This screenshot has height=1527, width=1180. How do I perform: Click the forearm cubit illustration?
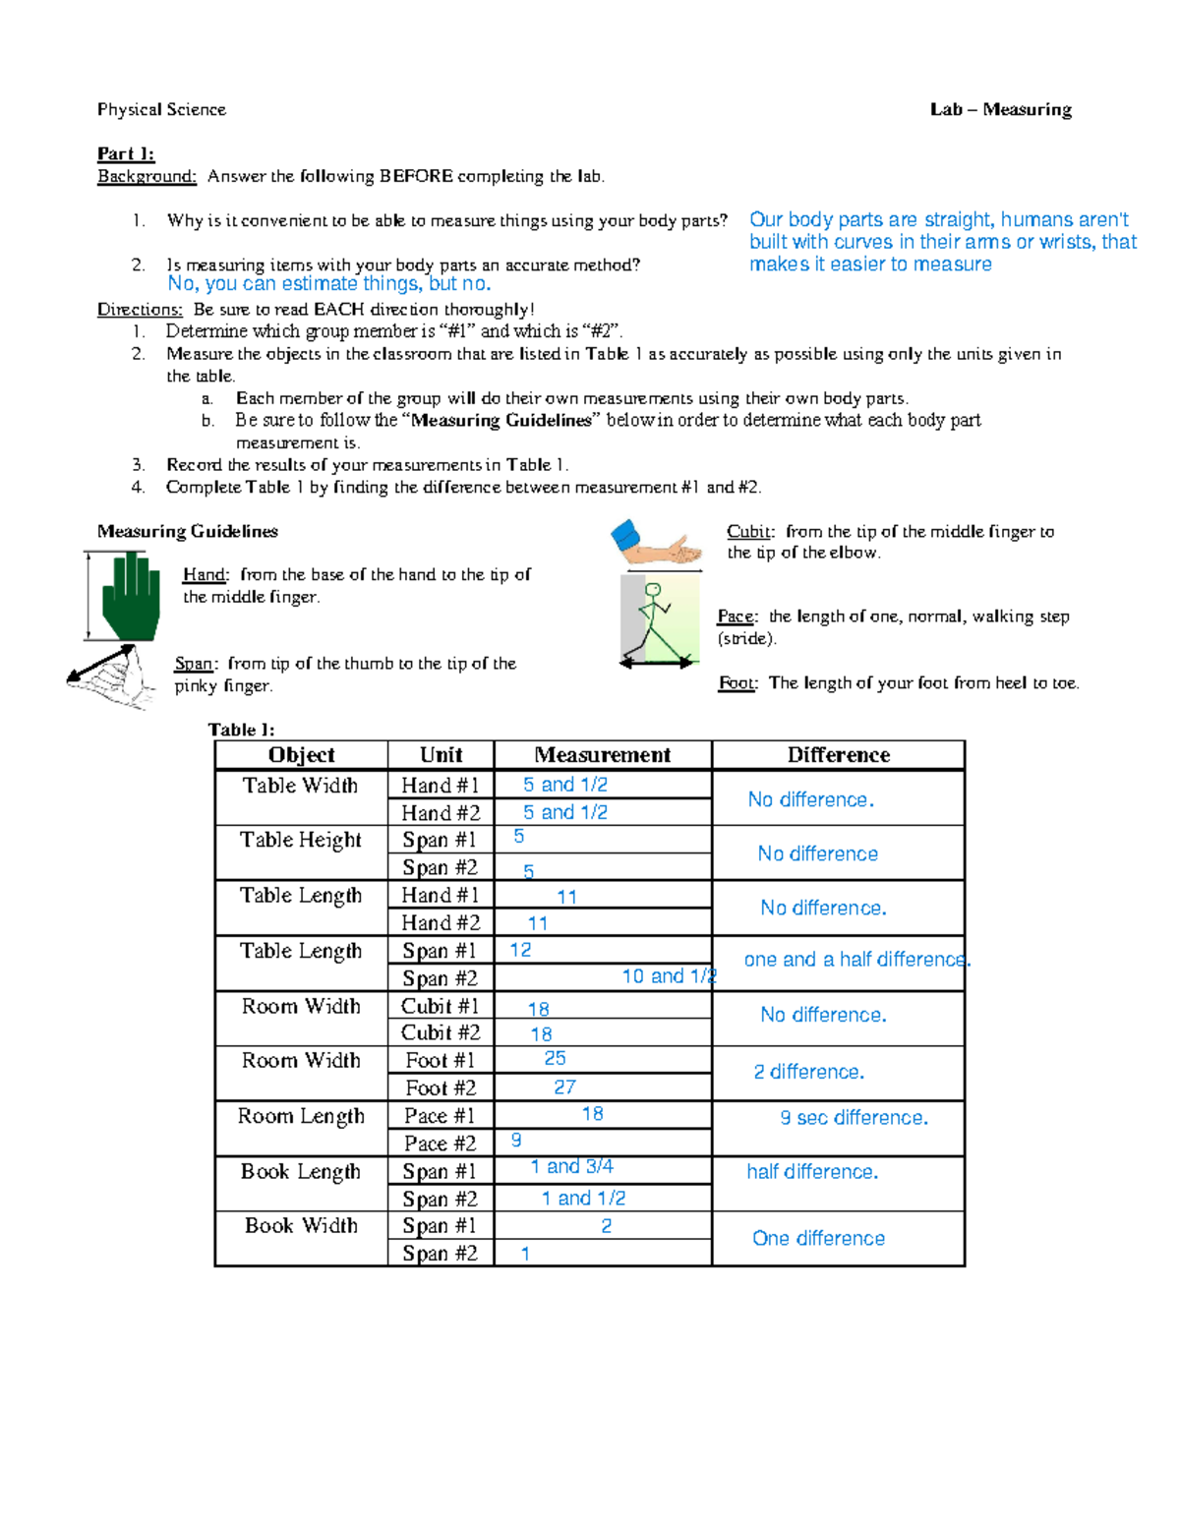tap(657, 544)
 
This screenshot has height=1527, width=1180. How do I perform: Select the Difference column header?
tap(838, 755)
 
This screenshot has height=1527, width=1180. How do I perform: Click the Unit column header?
tap(441, 755)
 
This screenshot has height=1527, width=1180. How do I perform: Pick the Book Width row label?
tap(301, 1226)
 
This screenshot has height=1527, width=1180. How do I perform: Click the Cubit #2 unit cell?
tap(441, 1032)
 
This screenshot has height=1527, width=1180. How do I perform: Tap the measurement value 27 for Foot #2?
tap(564, 1087)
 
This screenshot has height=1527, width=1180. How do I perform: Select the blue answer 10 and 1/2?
tap(669, 976)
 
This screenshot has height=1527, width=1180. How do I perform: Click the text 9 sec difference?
tap(854, 1118)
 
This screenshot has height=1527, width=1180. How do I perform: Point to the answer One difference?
tap(818, 1239)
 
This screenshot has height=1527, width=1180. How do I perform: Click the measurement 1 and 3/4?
tap(571, 1167)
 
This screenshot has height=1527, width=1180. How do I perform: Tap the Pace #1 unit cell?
tap(440, 1116)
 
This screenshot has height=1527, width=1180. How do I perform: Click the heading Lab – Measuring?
tap(1000, 110)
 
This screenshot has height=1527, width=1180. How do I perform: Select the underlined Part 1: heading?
tap(125, 153)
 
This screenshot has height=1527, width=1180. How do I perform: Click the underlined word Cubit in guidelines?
tap(749, 532)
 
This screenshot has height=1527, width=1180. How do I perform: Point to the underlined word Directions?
tap(140, 310)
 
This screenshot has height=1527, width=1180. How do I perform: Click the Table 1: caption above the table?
tap(241, 730)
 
